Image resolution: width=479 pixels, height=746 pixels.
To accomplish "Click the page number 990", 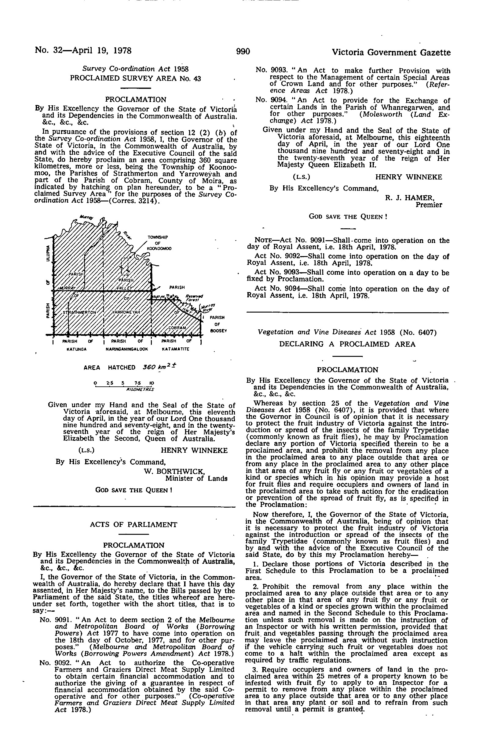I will pyautogui.click(x=243, y=52).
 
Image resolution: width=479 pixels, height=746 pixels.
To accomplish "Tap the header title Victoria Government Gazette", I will pyautogui.click(x=391, y=53).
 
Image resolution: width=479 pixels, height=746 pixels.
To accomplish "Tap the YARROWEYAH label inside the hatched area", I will pyautogui.click(x=126, y=312).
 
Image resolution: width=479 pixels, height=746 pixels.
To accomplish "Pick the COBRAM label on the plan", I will pyautogui.click(x=177, y=328).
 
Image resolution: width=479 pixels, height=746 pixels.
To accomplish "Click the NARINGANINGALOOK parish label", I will pyautogui.click(x=126, y=349).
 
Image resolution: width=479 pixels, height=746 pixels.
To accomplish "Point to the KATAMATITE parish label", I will pyautogui.click(x=175, y=349).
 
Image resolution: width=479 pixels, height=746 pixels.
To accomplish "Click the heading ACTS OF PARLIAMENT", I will pyautogui.click(x=133, y=525).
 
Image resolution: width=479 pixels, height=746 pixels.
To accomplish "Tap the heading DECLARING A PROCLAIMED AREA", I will pyautogui.click(x=347, y=344).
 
